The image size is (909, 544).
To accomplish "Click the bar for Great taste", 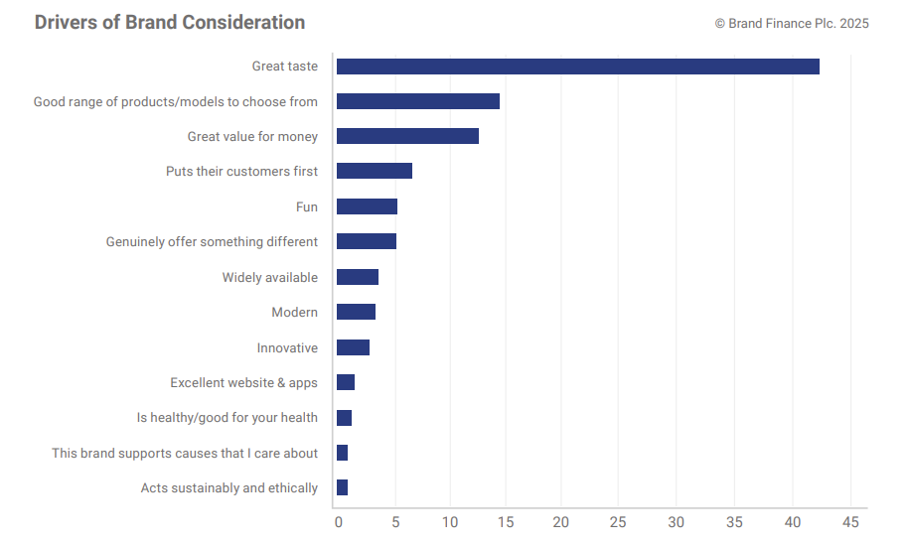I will pyautogui.click(x=577, y=67).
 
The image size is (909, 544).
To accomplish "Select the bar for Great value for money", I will pyautogui.click(x=407, y=136).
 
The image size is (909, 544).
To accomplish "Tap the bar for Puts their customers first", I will pyautogui.click(x=374, y=171).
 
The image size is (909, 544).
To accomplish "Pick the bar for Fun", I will pyautogui.click(x=367, y=206).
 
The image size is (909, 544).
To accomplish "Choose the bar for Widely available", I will pyautogui.click(x=357, y=277).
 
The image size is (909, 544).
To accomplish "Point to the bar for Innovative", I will pyautogui.click(x=353, y=347).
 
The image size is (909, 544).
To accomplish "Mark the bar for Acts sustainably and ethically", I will pyautogui.click(x=342, y=487).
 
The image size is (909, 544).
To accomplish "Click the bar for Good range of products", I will pyautogui.click(x=417, y=101).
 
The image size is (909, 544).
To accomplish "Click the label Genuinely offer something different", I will pyautogui.click(x=212, y=242).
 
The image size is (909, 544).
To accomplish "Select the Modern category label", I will pyautogui.click(x=295, y=313).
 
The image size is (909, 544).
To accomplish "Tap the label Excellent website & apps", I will pyautogui.click(x=243, y=383).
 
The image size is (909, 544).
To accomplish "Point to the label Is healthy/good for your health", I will pyautogui.click(x=227, y=418).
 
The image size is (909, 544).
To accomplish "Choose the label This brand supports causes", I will pyautogui.click(x=185, y=454).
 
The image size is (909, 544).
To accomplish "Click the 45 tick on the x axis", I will pyautogui.click(x=850, y=522).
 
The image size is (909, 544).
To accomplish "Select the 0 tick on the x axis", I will pyautogui.click(x=338, y=522).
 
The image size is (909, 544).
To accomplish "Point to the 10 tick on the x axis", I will pyautogui.click(x=451, y=522).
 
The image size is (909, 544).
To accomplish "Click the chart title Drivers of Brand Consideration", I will pyautogui.click(x=170, y=22).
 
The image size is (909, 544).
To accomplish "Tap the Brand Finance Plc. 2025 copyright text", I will pyautogui.click(x=792, y=23).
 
